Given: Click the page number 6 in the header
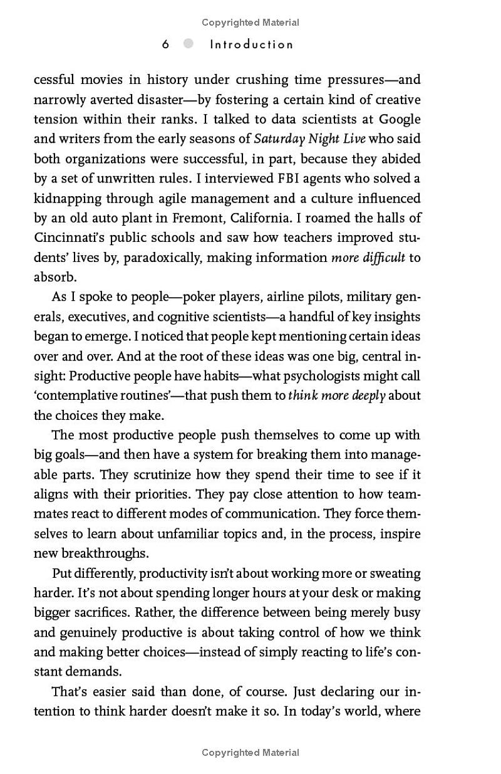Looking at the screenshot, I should (x=165, y=44).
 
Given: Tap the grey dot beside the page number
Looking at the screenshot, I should (x=189, y=44).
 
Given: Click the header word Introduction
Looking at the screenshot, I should (x=252, y=44).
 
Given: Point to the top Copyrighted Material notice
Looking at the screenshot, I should (x=250, y=23).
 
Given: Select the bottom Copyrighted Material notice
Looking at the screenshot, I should (x=250, y=753).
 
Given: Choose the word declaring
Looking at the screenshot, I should (x=349, y=692).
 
